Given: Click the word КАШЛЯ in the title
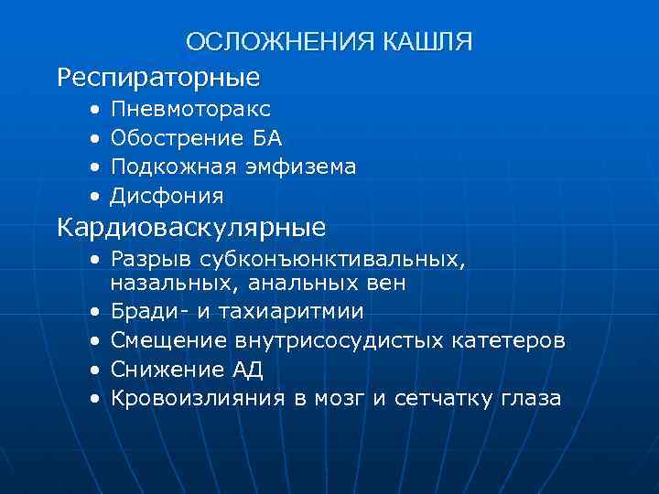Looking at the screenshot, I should pos(428,42).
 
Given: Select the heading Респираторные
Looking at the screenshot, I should pos(158,77).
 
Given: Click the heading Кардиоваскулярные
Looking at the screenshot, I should pos(192,225).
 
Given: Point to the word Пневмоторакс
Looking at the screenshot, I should pos(190,110).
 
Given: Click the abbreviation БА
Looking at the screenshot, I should pos(268,139).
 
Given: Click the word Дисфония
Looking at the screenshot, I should pos(167,196).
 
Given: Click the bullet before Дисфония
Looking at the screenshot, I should pos(96,197).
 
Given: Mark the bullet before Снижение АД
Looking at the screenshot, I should pos(96,370).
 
